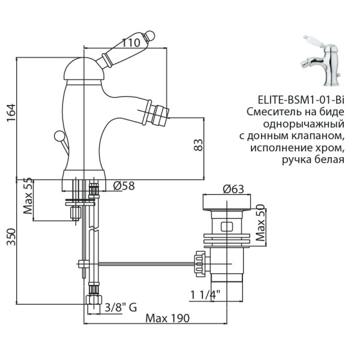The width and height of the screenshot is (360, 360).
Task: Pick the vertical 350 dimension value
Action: pos(10,241)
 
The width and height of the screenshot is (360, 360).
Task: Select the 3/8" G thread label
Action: pos(121,307)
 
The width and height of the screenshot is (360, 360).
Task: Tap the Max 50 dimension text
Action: pos(260,223)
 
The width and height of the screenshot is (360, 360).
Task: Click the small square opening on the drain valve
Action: pos(227,227)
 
